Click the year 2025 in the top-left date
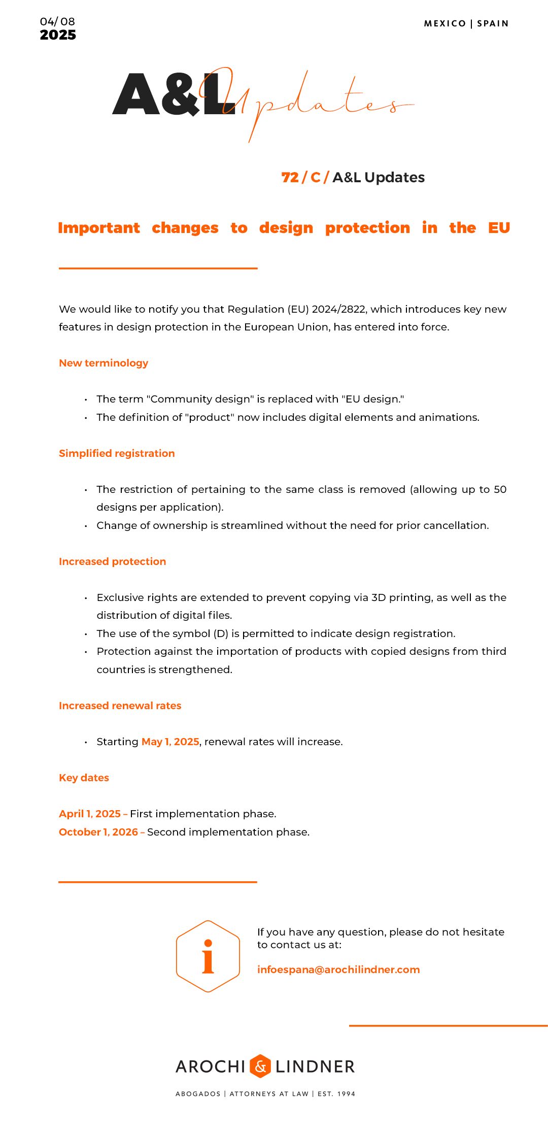[58, 35]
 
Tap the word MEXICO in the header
[444, 23]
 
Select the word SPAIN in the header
[493, 23]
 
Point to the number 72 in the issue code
[290, 177]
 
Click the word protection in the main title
[367, 228]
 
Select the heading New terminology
[104, 363]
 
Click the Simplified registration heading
[117, 453]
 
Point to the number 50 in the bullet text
[500, 489]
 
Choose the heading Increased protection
[112, 561]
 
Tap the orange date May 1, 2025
[170, 742]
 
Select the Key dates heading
[84, 778]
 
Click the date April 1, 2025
[90, 814]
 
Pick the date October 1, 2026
[98, 832]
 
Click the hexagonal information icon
[208, 956]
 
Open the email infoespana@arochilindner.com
[338, 970]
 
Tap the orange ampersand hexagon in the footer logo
[260, 1066]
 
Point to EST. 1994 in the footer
[336, 1094]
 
